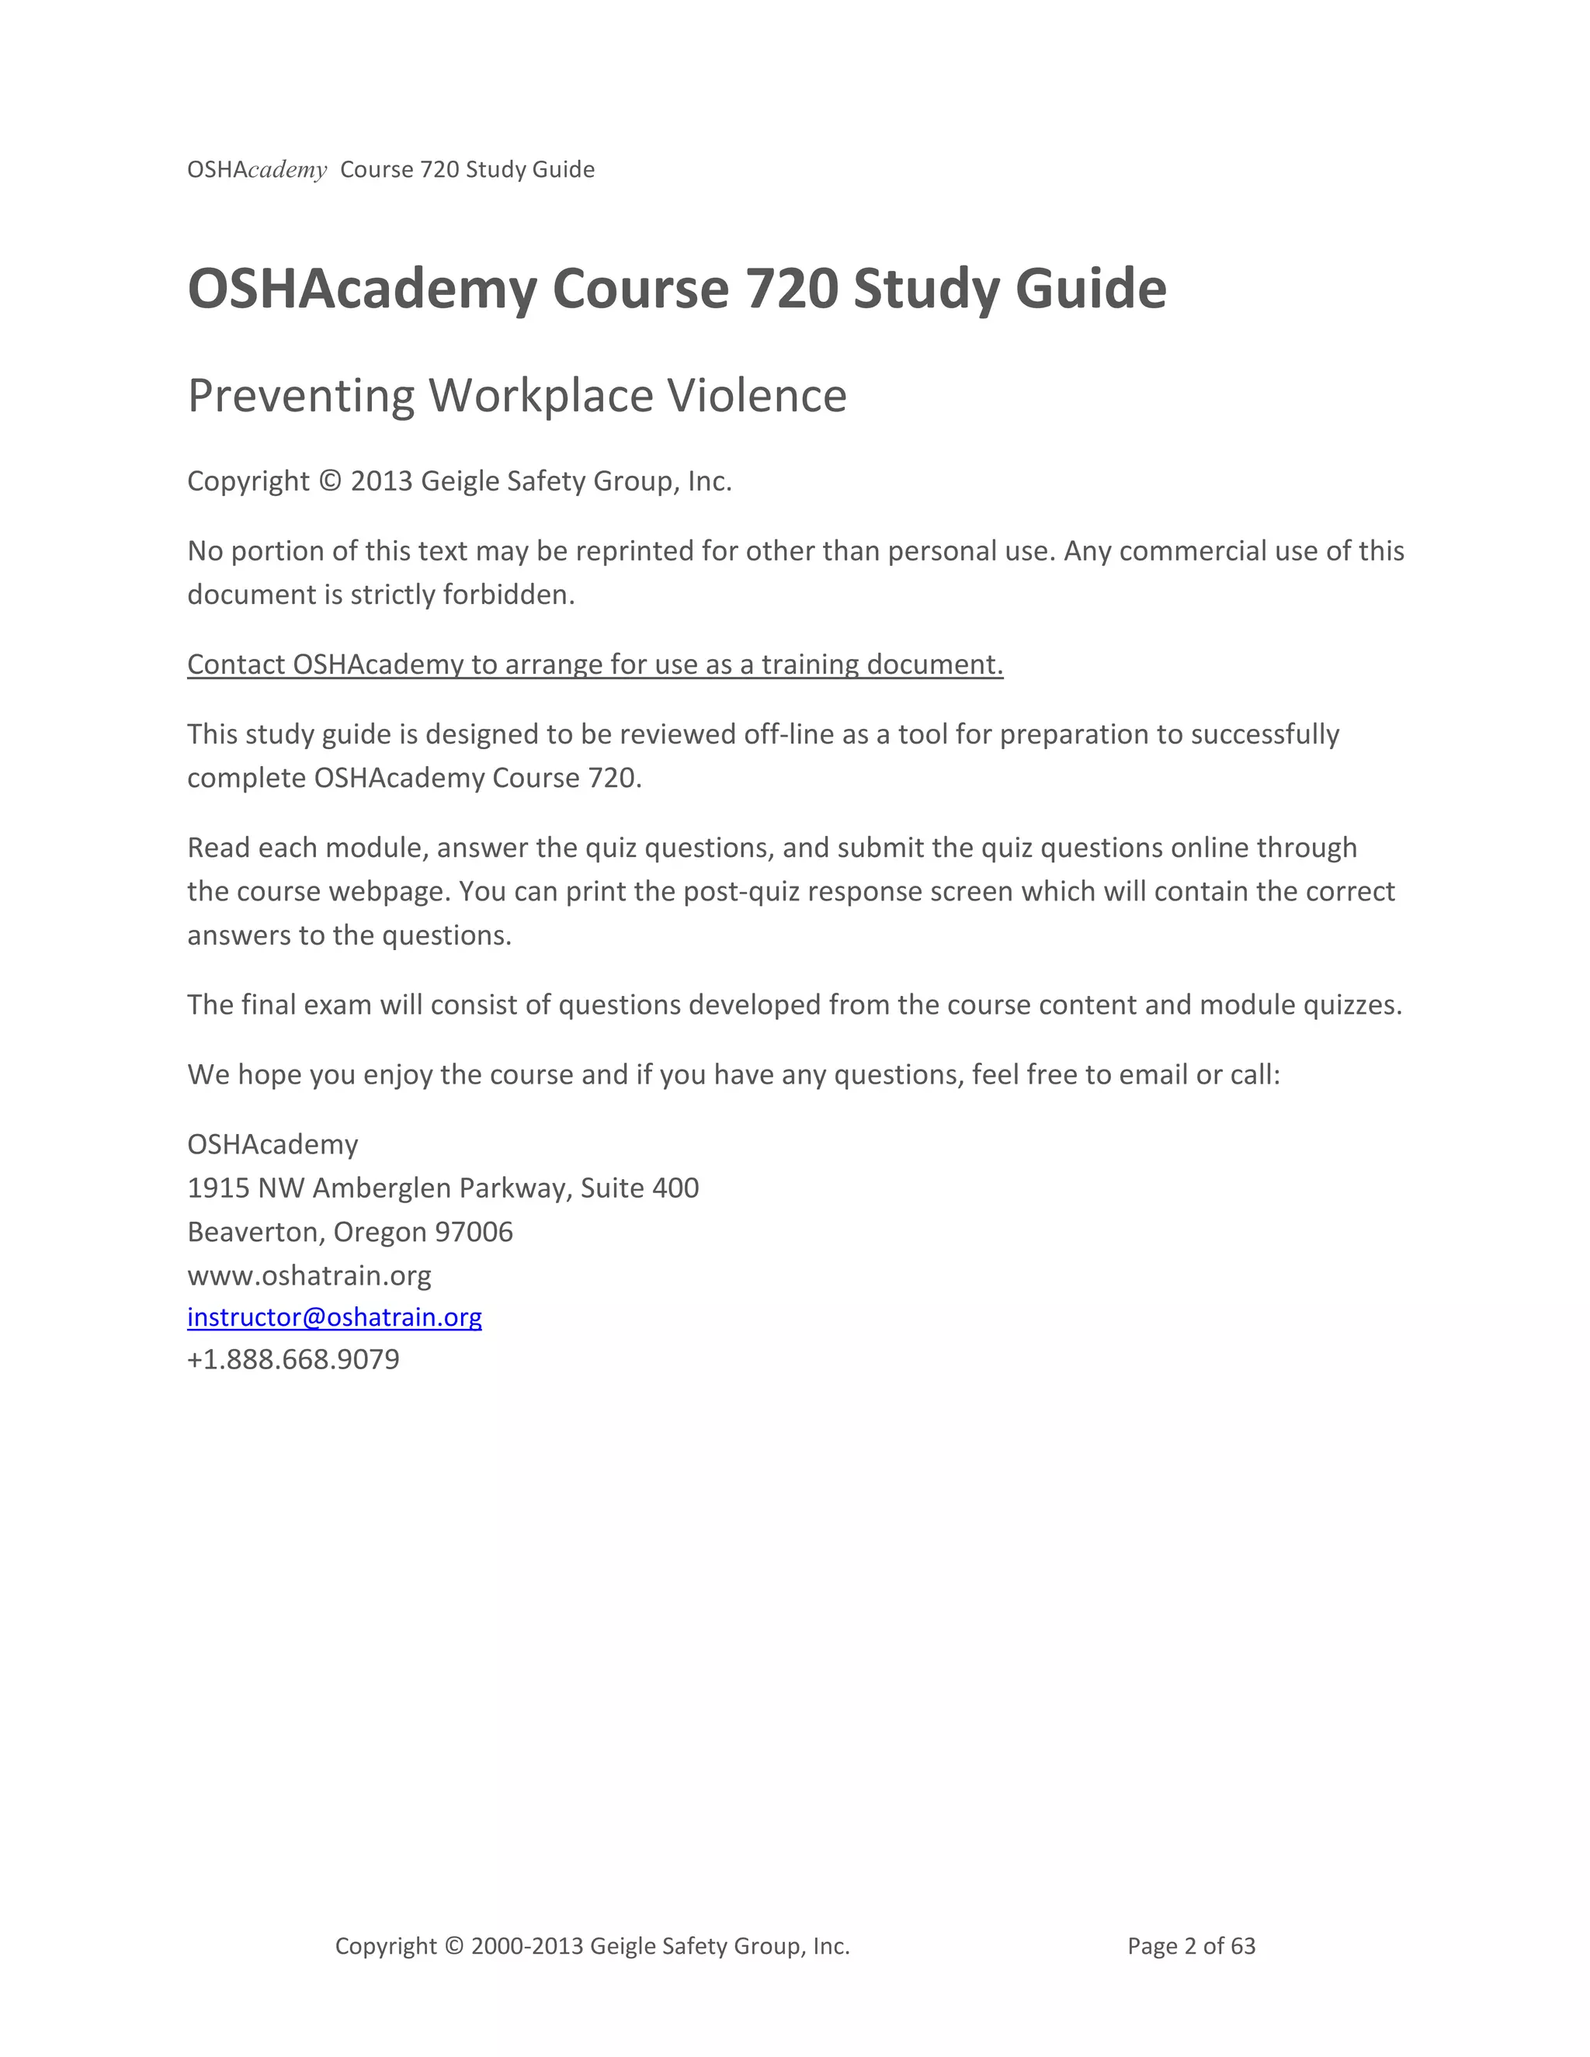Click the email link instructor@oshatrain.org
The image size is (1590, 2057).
[335, 1316]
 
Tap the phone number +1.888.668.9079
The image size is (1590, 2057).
[293, 1360]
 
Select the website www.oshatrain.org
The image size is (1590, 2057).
[309, 1275]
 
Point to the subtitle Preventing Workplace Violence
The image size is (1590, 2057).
[517, 396]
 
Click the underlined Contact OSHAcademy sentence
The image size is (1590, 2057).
[595, 665]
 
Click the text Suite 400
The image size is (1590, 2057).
[640, 1188]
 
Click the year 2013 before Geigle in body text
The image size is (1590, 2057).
[381, 481]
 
